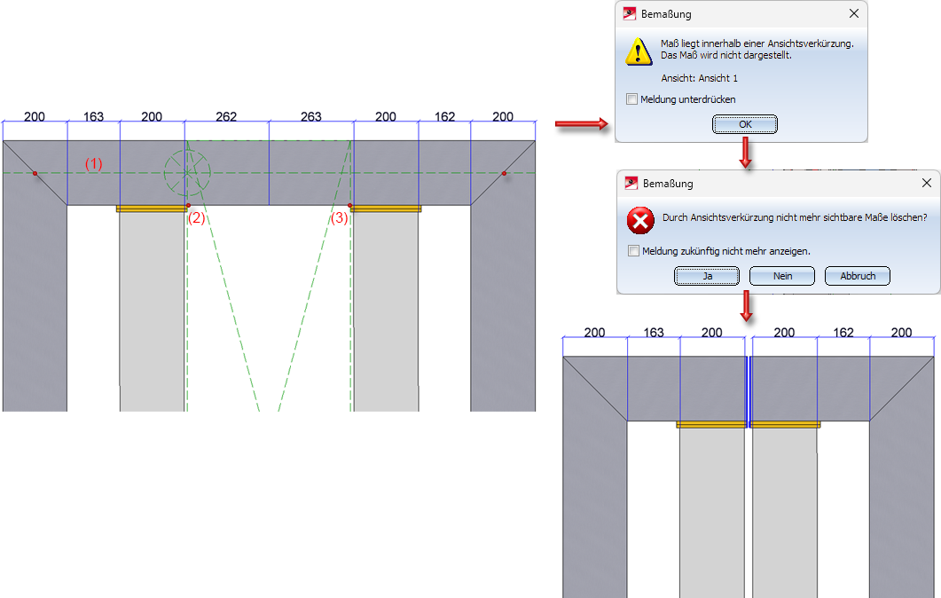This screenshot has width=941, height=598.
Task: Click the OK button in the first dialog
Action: [x=745, y=124]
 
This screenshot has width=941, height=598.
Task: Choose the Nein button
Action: [x=782, y=276]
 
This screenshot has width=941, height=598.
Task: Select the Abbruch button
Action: [x=858, y=276]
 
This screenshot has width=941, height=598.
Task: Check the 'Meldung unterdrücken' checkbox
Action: [x=632, y=99]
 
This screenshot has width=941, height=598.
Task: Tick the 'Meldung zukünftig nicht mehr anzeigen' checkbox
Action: [x=634, y=251]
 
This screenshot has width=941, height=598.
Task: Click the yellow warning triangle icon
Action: [x=639, y=51]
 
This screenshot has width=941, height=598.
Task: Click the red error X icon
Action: [x=640, y=221]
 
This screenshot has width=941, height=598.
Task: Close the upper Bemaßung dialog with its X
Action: [x=854, y=13]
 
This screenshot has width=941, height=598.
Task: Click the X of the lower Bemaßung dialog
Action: [x=927, y=183]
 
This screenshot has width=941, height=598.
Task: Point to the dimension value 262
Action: [x=226, y=116]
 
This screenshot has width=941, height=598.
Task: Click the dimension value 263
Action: [x=311, y=116]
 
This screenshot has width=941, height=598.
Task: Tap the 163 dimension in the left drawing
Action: [x=93, y=116]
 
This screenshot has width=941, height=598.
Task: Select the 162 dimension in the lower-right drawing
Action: [x=843, y=333]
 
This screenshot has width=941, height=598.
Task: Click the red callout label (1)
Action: [x=94, y=164]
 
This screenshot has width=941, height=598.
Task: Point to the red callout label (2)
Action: [x=197, y=218]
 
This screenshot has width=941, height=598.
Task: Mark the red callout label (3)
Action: [x=340, y=218]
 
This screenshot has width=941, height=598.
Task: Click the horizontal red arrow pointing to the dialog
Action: [x=582, y=124]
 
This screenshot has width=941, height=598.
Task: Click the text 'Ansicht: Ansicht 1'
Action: [x=699, y=78]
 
